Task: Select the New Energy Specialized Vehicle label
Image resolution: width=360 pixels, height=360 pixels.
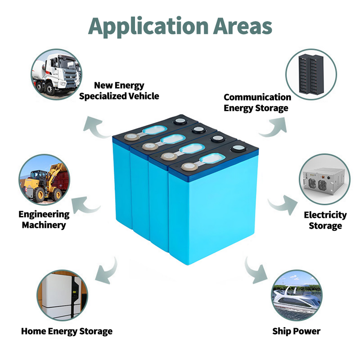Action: click(119, 90)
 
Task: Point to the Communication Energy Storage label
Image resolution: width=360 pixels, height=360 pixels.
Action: click(257, 102)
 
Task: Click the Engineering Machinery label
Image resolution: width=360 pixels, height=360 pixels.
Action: click(44, 220)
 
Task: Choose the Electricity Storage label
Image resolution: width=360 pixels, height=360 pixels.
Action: click(325, 220)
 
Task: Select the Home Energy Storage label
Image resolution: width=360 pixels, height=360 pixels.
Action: click(67, 332)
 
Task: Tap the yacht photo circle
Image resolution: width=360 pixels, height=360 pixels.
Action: click(297, 295)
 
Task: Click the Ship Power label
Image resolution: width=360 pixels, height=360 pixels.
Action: click(296, 332)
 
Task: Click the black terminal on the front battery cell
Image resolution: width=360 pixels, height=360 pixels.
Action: click(238, 149)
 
